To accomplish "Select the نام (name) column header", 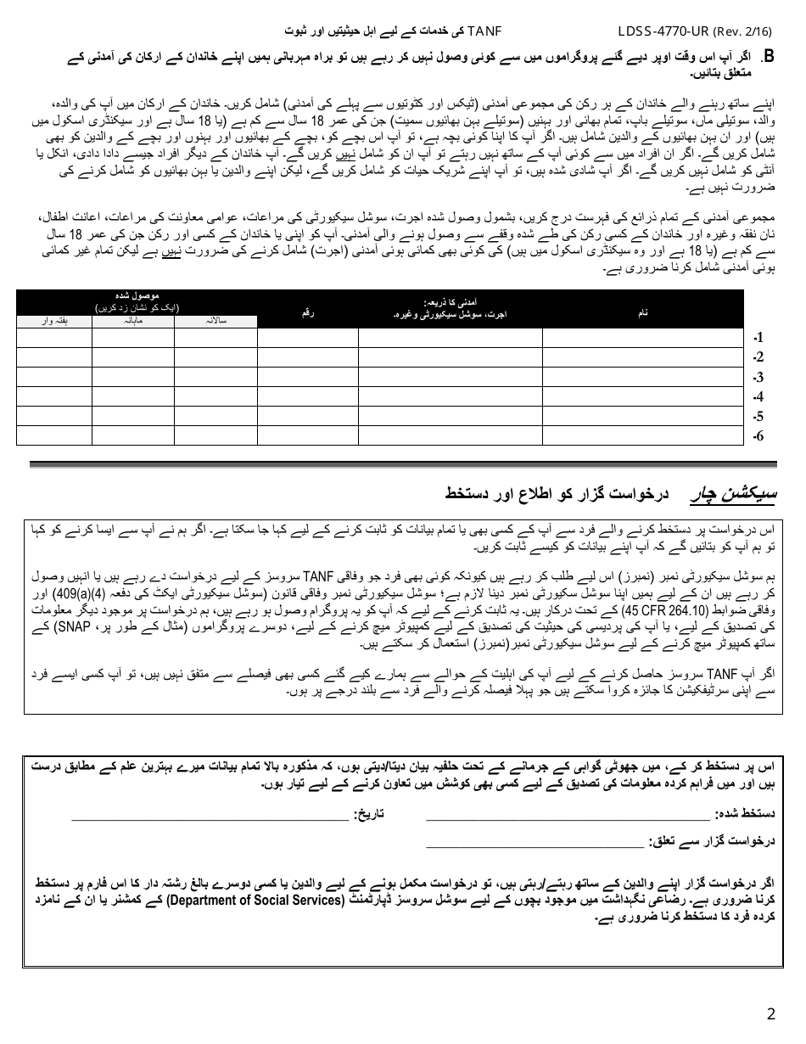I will [x=642, y=313].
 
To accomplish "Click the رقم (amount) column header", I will [x=307, y=313].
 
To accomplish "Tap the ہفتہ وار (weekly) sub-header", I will [x=54, y=321].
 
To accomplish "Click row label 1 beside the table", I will [x=758, y=338].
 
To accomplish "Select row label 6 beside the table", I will [x=758, y=436].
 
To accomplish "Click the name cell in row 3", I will [x=642, y=377].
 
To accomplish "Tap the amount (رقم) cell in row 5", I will [x=307, y=416].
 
